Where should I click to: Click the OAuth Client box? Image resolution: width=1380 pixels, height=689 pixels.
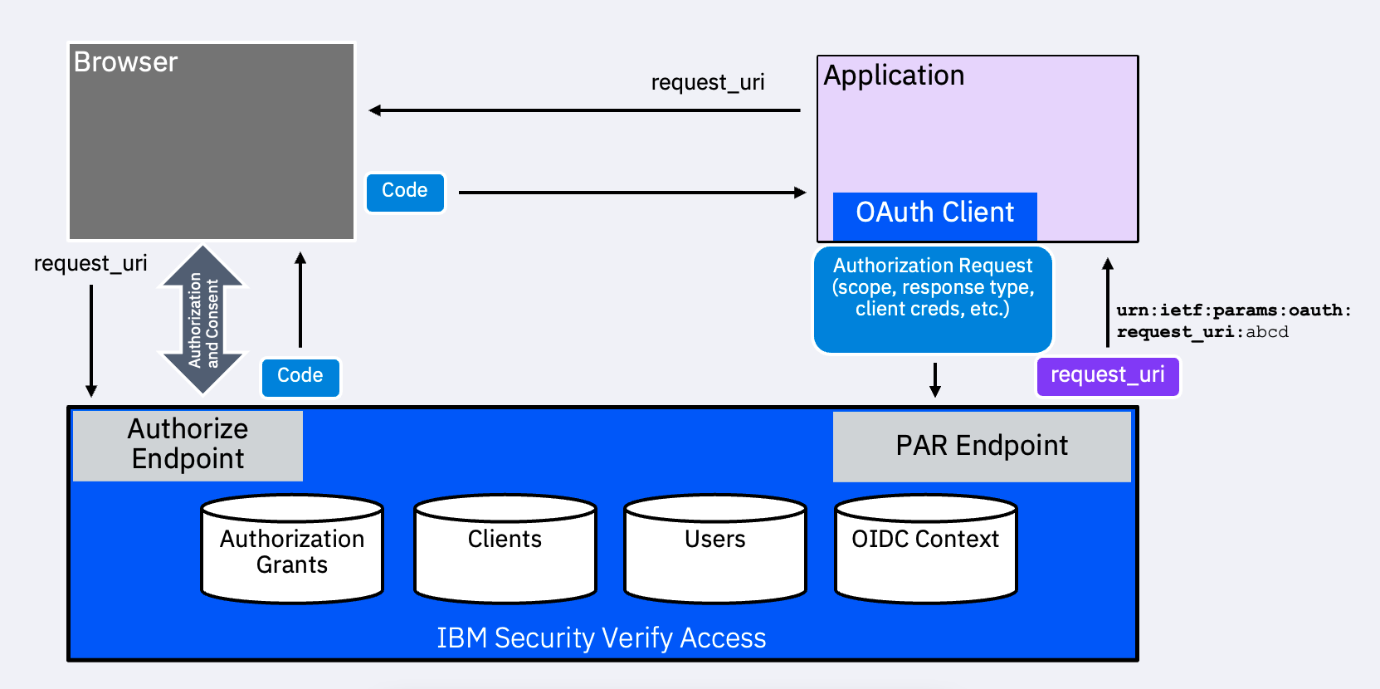[x=934, y=214]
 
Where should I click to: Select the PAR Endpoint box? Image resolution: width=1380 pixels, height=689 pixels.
[x=982, y=446]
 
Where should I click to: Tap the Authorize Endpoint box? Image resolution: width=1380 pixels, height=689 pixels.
[x=188, y=445]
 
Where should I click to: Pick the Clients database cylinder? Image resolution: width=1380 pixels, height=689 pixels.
[x=505, y=550]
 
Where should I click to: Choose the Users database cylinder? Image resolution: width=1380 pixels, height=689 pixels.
[x=714, y=550]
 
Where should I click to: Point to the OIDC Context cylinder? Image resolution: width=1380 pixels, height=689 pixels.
[x=925, y=550]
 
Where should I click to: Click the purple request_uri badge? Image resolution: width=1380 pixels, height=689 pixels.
[x=1107, y=376]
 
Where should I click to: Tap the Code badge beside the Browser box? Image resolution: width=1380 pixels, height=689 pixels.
[x=405, y=192]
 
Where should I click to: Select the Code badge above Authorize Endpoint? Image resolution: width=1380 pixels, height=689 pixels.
[x=300, y=377]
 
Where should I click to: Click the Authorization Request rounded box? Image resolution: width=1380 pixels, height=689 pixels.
[x=933, y=299]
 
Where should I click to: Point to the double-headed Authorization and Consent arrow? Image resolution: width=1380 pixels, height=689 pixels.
[x=203, y=319]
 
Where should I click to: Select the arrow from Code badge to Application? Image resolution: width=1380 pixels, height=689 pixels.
[x=631, y=193]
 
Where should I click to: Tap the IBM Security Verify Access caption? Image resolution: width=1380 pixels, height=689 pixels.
[x=601, y=638]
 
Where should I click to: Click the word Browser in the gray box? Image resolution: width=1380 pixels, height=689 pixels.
[x=125, y=62]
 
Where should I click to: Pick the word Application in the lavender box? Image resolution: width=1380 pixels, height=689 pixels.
[x=894, y=76]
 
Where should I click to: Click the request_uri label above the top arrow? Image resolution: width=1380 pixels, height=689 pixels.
[x=707, y=83]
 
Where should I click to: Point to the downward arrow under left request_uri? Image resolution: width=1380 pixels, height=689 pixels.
[x=91, y=340]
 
